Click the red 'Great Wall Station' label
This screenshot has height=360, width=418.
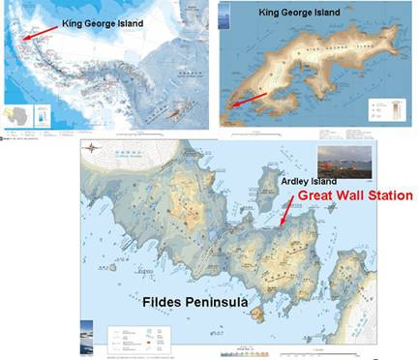pyautogui.click(x=355, y=195)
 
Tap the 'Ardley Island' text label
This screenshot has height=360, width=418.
pyautogui.click(x=310, y=181)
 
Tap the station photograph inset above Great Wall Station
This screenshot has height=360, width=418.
pyautogui.click(x=341, y=165)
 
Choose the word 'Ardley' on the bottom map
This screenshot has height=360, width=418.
pyautogui.click(x=295, y=181)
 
